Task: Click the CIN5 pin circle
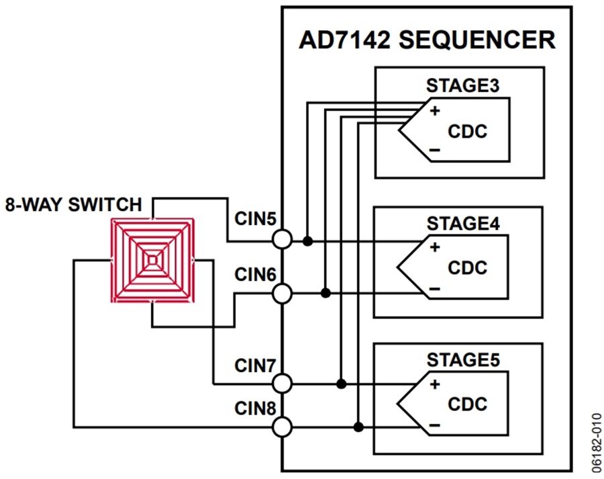(282, 239)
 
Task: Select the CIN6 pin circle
(282, 294)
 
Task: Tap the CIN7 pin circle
(282, 384)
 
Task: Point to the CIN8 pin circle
(282, 427)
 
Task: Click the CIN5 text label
(256, 219)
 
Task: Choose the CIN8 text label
(256, 408)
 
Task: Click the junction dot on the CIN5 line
(307, 241)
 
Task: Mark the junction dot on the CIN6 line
(325, 293)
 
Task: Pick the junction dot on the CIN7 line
(341, 384)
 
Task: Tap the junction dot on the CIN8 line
(358, 427)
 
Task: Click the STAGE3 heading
(462, 85)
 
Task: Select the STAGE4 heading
(463, 224)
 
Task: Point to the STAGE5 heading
(463, 360)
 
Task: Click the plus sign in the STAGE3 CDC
(435, 111)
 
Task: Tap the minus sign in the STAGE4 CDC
(434, 288)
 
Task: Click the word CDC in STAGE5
(467, 404)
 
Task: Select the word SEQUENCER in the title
(477, 40)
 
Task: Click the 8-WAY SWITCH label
(73, 204)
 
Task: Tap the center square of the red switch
(152, 261)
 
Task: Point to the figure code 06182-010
(597, 443)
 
